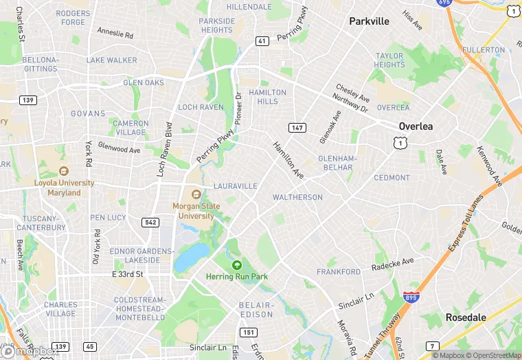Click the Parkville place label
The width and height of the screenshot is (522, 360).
[x=369, y=21]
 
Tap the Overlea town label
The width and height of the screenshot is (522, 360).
[x=416, y=126]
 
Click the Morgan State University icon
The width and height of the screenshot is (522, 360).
[x=196, y=194]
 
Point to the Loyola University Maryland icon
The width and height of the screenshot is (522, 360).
[x=64, y=171]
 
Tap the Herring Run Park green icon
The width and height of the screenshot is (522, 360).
[x=237, y=265]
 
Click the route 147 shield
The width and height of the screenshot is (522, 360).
[x=297, y=128]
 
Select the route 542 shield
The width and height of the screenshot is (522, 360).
[x=150, y=222]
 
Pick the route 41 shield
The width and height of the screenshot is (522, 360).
[x=262, y=41]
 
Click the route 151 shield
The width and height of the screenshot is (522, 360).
[x=247, y=333]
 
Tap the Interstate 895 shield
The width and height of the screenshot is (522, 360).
[x=410, y=297]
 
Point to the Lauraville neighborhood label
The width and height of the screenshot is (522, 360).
[x=235, y=186]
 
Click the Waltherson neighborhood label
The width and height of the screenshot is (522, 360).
[x=297, y=197]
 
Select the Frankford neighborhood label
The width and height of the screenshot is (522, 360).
[x=339, y=272]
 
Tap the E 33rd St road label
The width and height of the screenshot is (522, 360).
[x=127, y=274]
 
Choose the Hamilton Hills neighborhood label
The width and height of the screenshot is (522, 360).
[x=267, y=97]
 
